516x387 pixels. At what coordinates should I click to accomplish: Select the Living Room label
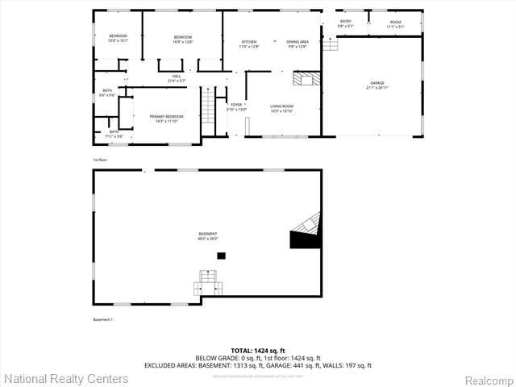(x=281, y=108)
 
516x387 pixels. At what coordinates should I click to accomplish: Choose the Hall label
(x=177, y=78)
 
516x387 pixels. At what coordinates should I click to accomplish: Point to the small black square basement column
(x=221, y=256)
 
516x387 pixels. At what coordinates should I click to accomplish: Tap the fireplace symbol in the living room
(x=304, y=78)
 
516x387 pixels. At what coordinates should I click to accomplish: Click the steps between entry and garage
(x=331, y=44)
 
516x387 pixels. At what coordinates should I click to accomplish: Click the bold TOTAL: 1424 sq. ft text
(x=258, y=351)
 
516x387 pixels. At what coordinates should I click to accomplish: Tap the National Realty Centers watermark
(x=66, y=378)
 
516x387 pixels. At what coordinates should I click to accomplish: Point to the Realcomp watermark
(x=486, y=379)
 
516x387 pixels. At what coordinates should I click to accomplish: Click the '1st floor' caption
(x=99, y=160)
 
